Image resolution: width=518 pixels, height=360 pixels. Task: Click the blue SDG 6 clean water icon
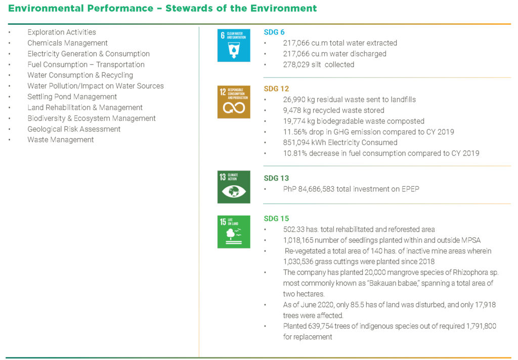tap(234, 45)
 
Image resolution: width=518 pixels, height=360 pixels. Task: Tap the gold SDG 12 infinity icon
tap(234, 102)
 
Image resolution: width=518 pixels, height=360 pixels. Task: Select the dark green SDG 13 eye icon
tap(234, 187)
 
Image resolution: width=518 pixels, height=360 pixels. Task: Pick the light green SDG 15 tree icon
tap(234, 231)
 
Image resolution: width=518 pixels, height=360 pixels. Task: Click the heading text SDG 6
tap(274, 32)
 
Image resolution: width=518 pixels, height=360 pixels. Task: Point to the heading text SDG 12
tap(276, 89)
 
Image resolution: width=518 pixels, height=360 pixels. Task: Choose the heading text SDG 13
tap(276, 178)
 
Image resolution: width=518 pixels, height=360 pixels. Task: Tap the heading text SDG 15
tap(276, 219)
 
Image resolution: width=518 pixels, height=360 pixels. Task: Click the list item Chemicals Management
tap(67, 43)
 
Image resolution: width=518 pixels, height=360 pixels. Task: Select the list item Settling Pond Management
tap(72, 97)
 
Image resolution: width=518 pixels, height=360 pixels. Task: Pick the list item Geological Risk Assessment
tap(74, 129)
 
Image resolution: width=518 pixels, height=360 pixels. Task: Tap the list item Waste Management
tap(60, 140)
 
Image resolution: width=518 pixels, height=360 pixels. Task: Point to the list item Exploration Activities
tap(61, 32)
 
